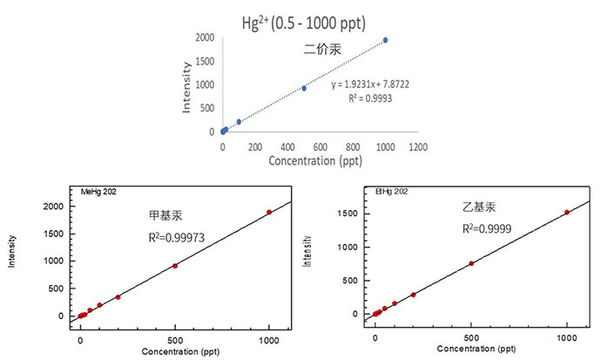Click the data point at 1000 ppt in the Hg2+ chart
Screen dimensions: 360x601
click(x=385, y=40)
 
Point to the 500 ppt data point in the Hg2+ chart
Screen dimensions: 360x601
click(x=304, y=88)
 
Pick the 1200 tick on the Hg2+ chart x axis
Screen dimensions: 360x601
click(x=418, y=147)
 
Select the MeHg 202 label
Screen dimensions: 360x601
click(x=97, y=192)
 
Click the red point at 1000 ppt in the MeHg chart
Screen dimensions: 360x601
click(x=269, y=212)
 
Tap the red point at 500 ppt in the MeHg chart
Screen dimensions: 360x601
click(x=175, y=266)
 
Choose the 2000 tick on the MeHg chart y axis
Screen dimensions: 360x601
click(x=54, y=206)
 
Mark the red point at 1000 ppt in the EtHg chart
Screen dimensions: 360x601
click(x=567, y=212)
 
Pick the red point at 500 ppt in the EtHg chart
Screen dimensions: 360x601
click(x=471, y=263)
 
